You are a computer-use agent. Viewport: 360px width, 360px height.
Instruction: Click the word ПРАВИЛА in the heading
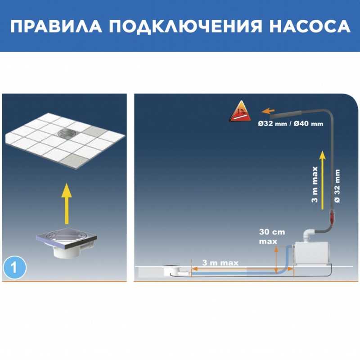pos(56,26)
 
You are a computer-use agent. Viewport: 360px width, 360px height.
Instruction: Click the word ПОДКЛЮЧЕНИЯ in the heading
pos(185,27)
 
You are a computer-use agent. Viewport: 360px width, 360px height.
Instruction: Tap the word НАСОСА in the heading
pos(310,26)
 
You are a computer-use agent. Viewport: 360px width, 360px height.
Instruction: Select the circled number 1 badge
pos(15,267)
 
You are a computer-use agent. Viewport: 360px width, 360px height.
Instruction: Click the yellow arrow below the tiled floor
pos(67,203)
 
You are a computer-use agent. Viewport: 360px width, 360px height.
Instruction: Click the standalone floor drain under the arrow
pos(67,243)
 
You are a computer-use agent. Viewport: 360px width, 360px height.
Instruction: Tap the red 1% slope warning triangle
pos(240,112)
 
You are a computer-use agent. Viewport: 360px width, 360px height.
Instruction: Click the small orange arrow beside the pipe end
pos(268,111)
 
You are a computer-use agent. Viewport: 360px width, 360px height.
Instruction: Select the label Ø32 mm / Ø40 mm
pos(290,124)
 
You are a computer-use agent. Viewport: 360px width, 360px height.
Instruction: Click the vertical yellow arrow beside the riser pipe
pos(323,180)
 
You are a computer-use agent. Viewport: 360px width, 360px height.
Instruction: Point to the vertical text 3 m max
pos(315,184)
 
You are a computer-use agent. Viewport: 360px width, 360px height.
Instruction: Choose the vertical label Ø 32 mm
pos(337,186)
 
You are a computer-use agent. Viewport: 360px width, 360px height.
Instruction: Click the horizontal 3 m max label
pos(220,263)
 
